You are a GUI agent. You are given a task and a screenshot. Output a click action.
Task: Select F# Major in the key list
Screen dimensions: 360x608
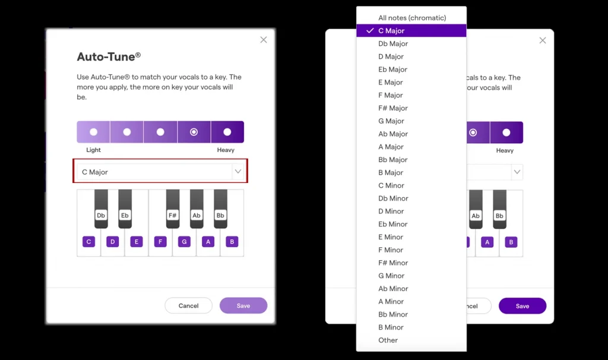tap(392, 108)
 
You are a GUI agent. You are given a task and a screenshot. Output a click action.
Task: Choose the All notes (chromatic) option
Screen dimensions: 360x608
tap(411, 18)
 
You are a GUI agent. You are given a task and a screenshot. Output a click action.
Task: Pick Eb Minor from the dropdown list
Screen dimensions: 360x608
tap(392, 224)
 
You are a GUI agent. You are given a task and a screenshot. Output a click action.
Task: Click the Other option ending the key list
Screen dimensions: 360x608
tap(388, 340)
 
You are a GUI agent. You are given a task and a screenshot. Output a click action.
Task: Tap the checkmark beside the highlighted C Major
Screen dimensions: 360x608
tap(370, 31)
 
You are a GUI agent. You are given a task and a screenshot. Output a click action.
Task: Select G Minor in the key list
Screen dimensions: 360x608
tap(391, 276)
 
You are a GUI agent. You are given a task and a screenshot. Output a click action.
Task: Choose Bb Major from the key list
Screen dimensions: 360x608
tap(392, 160)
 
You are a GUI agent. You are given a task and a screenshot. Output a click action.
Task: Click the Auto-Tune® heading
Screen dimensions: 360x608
tap(109, 57)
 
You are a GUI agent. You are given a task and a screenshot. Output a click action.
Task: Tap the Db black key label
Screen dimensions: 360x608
tap(101, 215)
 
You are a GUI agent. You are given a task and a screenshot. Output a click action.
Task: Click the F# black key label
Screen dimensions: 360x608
tap(172, 215)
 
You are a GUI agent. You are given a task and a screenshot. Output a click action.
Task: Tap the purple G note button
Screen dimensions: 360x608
tap(184, 242)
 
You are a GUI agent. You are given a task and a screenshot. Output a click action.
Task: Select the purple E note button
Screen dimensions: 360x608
tap(137, 242)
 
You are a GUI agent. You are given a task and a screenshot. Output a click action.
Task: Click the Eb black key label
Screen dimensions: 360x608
tap(125, 215)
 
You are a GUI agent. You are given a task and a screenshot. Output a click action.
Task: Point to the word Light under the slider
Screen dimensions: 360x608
tap(93, 150)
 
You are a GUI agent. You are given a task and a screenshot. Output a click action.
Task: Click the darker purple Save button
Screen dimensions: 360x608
tap(522, 306)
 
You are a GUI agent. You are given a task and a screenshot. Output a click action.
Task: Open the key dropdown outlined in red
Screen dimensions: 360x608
tap(160, 172)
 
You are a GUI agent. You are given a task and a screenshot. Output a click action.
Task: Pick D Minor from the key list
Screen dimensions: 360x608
tap(391, 211)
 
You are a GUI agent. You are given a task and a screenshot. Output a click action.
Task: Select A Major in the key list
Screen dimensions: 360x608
tap(391, 147)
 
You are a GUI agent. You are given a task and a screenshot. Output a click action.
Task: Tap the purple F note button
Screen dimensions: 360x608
tap(160, 242)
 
